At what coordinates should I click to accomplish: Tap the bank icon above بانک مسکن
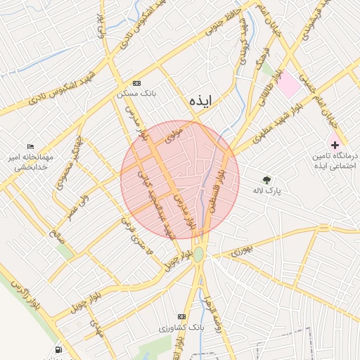(136, 82)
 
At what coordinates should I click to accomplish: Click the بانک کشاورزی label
(182, 328)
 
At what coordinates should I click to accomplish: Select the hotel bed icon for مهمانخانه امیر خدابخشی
(30, 146)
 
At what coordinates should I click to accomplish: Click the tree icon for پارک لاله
(266, 181)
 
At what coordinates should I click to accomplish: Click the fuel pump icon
(57, 349)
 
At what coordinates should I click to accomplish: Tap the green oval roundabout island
(199, 254)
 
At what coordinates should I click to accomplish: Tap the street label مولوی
(173, 134)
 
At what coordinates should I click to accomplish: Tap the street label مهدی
(96, 328)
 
